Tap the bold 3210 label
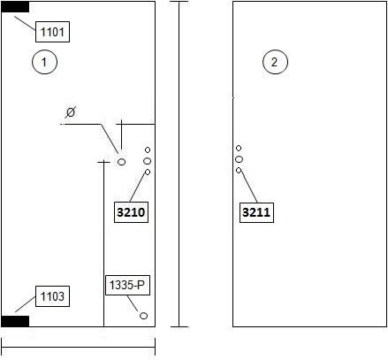point(131,212)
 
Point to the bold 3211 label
point(256,212)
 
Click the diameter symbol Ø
point(71,112)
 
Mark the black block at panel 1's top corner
point(15,7)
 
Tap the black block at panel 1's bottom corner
point(15,321)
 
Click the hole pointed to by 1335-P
point(143,316)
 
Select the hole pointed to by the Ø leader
point(121,162)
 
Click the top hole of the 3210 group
point(148,150)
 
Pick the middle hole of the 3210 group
point(148,161)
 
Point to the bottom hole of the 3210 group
point(148,172)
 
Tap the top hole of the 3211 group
point(239,148)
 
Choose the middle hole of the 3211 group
point(239,159)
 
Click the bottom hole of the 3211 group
point(239,170)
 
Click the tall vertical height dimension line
point(179,164)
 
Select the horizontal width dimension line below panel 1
point(79,347)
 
